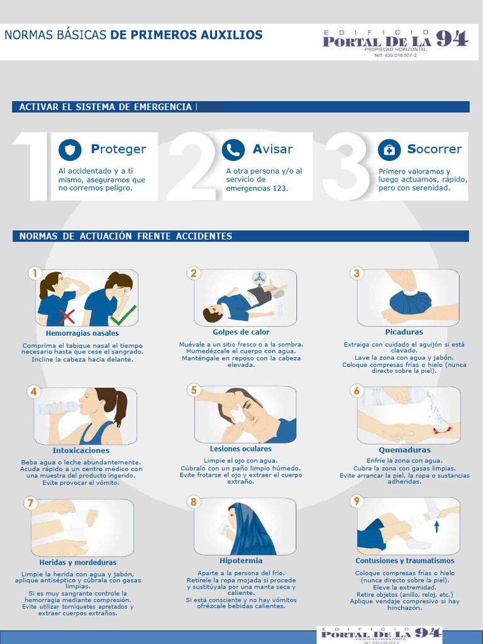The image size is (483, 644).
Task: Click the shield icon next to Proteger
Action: click(70, 150)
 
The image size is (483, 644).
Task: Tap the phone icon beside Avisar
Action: click(233, 150)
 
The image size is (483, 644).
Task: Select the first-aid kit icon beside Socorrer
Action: click(389, 150)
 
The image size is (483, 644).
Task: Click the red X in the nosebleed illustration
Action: click(66, 314)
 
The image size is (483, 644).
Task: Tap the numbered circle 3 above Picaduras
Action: click(357, 273)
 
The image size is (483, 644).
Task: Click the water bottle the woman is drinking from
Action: click(57, 408)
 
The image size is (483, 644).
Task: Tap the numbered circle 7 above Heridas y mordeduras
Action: click(30, 502)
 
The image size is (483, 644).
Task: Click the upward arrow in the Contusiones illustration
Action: click(436, 526)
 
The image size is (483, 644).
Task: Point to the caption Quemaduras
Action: click(404, 450)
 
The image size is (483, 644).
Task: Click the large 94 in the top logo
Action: click(452, 40)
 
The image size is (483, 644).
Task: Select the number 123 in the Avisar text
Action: click(280, 188)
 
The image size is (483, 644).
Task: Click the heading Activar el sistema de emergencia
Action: click(105, 107)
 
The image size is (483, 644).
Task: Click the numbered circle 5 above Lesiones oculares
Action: click(194, 390)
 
